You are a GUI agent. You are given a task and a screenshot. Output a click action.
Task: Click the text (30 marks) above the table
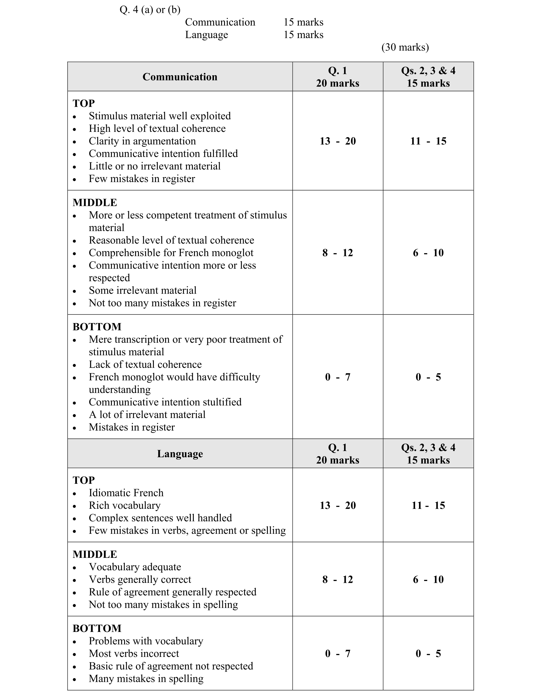pyautogui.click(x=405, y=47)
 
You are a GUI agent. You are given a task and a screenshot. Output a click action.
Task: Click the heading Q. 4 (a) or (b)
pyautogui.click(x=150, y=10)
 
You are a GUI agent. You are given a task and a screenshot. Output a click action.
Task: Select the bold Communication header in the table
pyautogui.click(x=180, y=77)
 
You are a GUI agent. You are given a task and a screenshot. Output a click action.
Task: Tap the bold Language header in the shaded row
pyautogui.click(x=180, y=453)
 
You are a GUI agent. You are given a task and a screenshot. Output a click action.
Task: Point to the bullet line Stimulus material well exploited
pyautogui.click(x=160, y=116)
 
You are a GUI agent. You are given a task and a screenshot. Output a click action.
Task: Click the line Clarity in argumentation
pyautogui.click(x=142, y=141)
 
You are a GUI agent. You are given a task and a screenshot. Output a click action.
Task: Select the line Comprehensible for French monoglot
pyautogui.click(x=171, y=253)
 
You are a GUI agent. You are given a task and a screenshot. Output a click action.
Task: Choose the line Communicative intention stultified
pyautogui.click(x=165, y=402)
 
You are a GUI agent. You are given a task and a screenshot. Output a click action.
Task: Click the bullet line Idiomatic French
pyautogui.click(x=126, y=493)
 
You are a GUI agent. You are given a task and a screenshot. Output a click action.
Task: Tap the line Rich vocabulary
pyautogui.click(x=124, y=505)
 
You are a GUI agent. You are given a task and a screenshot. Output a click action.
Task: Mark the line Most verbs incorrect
pyautogui.click(x=134, y=653)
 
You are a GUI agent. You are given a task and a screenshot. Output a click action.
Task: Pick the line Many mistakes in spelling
pyautogui.click(x=146, y=678)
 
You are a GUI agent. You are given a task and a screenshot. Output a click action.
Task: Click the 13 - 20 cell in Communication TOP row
pyautogui.click(x=337, y=141)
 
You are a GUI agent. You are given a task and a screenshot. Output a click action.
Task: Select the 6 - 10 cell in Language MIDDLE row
pyautogui.click(x=428, y=579)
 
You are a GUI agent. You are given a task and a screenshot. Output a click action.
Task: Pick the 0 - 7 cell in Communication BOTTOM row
pyautogui.click(x=337, y=377)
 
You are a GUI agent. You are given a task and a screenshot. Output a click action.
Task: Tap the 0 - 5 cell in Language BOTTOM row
pyautogui.click(x=428, y=653)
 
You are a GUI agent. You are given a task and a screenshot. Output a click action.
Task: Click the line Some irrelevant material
pyautogui.click(x=142, y=290)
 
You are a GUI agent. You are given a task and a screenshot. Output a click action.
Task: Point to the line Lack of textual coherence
pyautogui.click(x=145, y=364)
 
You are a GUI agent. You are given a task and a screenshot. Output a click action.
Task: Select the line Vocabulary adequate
pyautogui.click(x=135, y=567)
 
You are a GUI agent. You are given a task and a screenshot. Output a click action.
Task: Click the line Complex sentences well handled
pyautogui.click(x=160, y=518)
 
